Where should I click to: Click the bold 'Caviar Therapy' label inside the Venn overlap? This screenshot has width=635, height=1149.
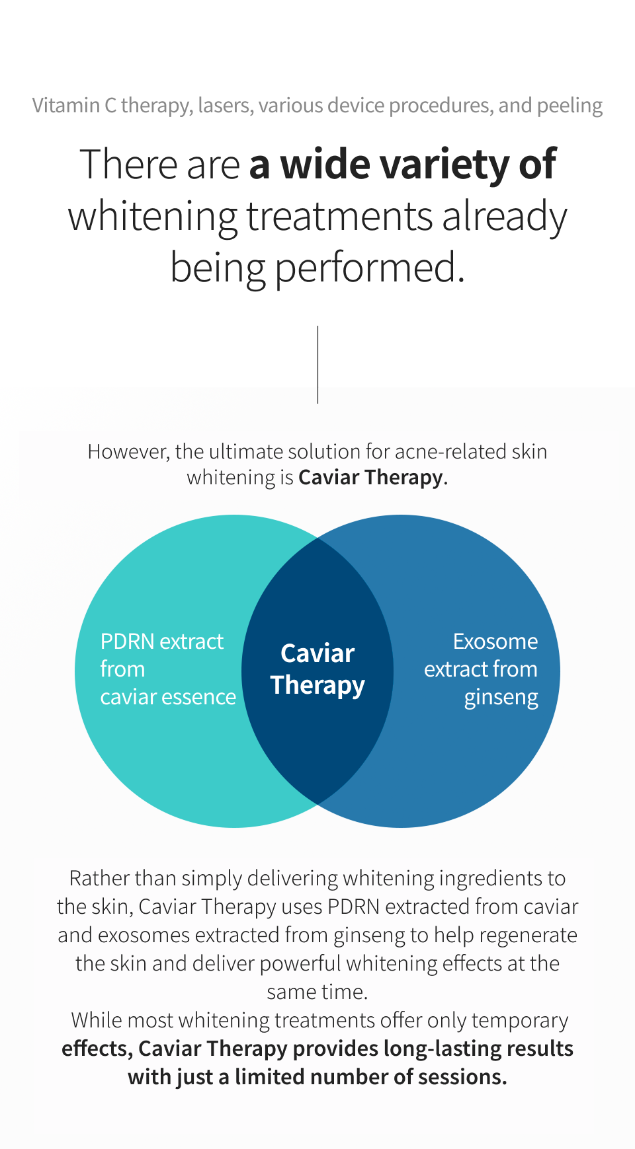tap(317, 669)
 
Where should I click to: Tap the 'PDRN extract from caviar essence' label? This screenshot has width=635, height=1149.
tap(167, 669)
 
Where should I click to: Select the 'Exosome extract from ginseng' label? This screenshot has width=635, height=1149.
tap(482, 669)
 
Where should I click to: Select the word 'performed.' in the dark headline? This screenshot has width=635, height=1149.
tap(370, 268)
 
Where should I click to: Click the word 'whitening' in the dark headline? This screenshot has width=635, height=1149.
tap(153, 217)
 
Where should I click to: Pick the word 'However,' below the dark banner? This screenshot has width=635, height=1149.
tap(129, 452)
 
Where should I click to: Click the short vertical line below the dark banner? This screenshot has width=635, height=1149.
tap(317, 395)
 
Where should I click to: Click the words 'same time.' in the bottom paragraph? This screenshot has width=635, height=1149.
tap(317, 992)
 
